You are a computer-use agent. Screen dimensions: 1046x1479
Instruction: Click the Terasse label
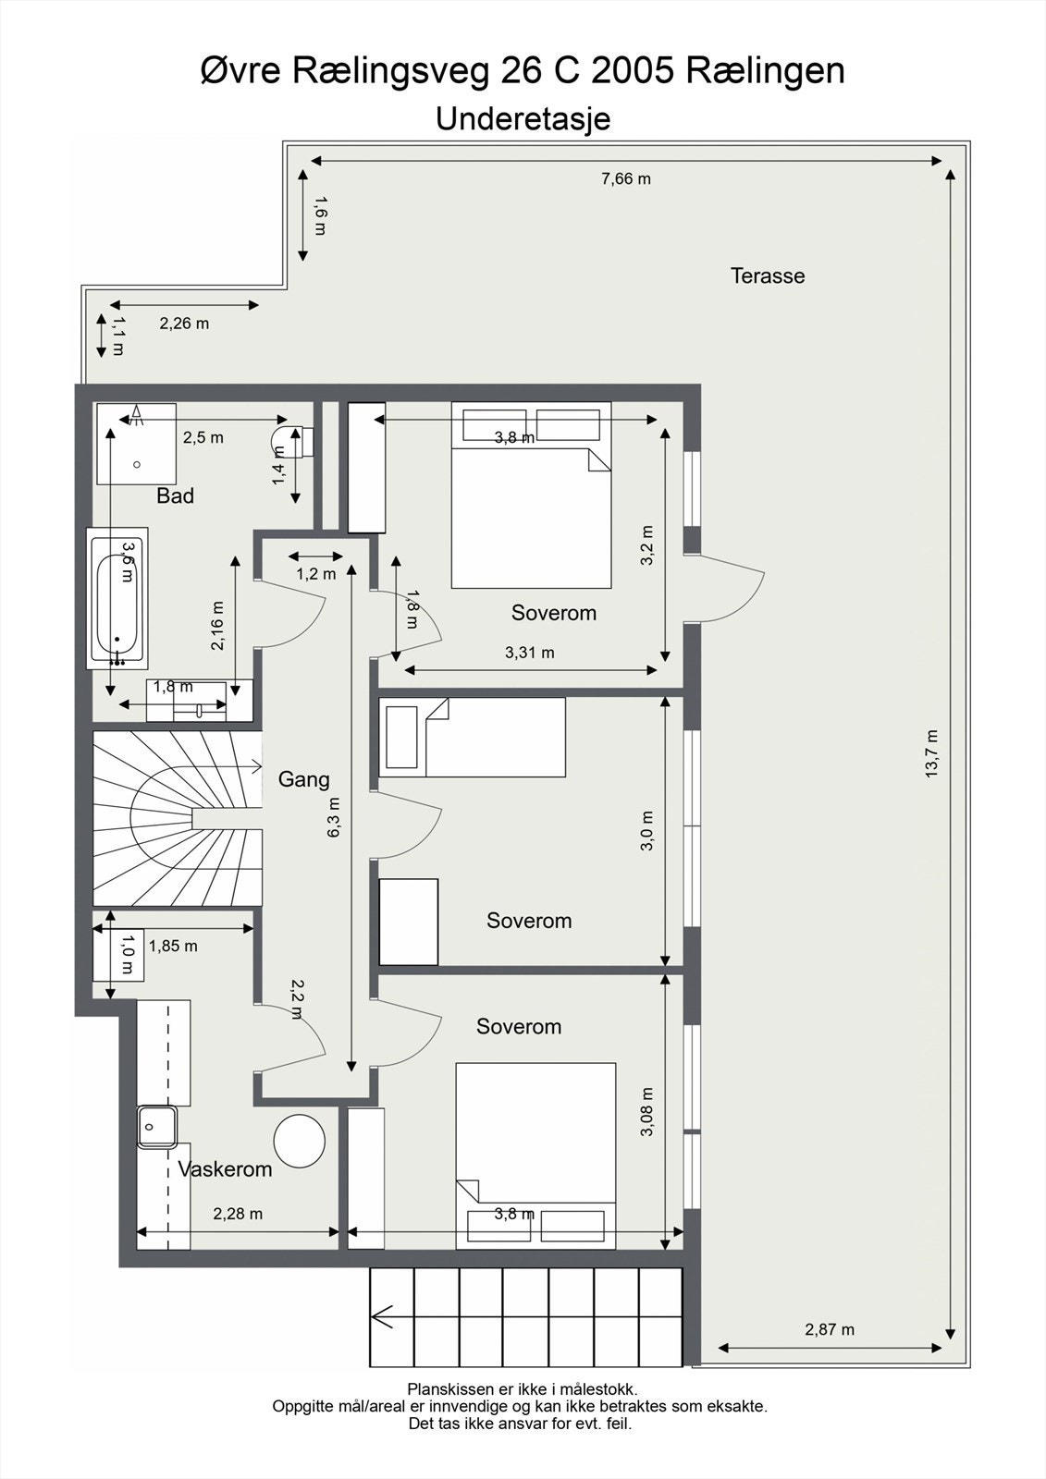767,275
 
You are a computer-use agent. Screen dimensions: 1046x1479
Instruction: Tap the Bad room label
175,495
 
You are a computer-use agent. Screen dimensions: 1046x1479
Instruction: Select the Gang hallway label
303,779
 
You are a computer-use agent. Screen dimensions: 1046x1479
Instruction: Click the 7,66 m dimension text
626,179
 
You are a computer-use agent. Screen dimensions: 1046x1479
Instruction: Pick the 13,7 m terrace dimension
931,753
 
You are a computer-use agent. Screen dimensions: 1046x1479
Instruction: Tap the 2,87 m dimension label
830,1329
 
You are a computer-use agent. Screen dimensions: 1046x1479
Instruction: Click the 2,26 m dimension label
184,324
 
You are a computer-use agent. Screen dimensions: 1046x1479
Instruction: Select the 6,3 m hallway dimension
334,817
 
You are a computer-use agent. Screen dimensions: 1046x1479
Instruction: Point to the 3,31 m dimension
530,653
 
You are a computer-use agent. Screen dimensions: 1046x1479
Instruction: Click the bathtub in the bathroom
117,598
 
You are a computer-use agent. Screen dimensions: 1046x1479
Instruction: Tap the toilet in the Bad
293,441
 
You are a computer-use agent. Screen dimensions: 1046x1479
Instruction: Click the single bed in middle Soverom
473,737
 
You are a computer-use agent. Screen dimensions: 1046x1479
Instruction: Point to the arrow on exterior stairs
383,1316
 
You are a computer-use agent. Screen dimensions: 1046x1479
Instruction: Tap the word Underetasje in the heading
523,119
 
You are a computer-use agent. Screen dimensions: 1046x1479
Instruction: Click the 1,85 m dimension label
173,946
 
